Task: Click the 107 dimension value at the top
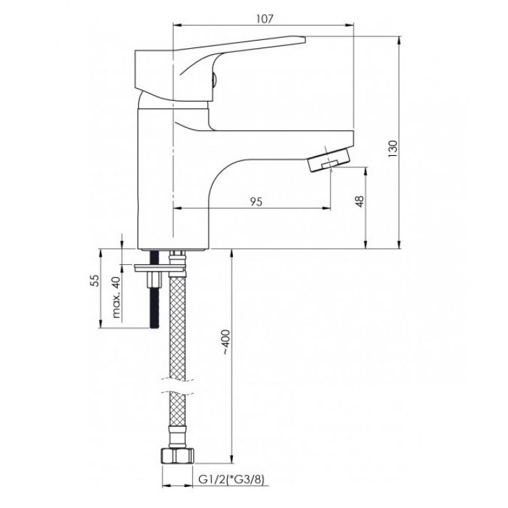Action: [x=265, y=19]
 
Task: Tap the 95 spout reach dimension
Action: [x=256, y=202]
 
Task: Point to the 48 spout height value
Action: [x=360, y=201]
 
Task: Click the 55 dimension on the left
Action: [x=94, y=280]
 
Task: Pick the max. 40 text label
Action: [x=117, y=297]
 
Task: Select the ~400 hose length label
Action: [x=226, y=343]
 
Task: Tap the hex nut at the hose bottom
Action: [x=177, y=457]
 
